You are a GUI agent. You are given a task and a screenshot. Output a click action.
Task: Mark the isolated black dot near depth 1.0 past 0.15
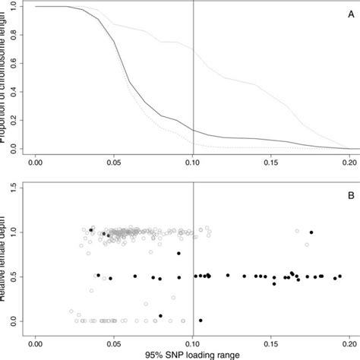tap(311, 232)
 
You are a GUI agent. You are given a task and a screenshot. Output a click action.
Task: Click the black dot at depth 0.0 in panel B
tap(201, 321)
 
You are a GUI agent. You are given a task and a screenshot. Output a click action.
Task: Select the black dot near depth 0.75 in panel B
tap(178, 254)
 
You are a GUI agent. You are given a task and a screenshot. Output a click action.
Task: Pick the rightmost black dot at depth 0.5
tap(339, 276)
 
